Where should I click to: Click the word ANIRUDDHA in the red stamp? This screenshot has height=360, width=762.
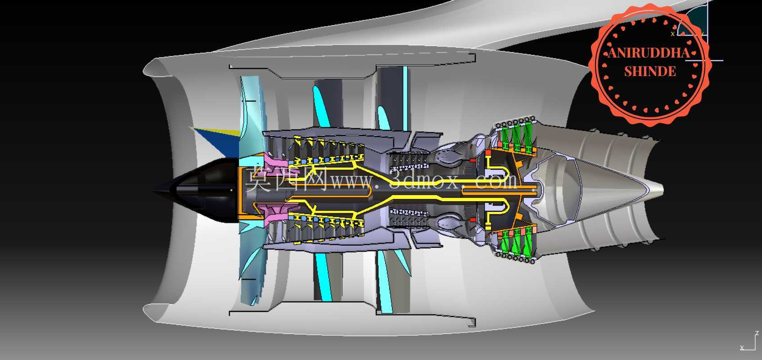[649, 53]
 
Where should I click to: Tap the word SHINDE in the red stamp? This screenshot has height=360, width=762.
[650, 72]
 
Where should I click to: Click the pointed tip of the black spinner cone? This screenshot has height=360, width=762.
[153, 192]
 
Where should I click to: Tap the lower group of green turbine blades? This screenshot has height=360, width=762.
[516, 242]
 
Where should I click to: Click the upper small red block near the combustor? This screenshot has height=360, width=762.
[473, 160]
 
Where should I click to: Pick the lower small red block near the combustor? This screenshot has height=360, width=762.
[473, 220]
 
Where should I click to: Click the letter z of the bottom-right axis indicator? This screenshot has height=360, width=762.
[757, 333]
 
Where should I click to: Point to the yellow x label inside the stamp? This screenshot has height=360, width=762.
[672, 34]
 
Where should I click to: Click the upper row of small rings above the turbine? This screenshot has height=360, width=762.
[516, 121]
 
